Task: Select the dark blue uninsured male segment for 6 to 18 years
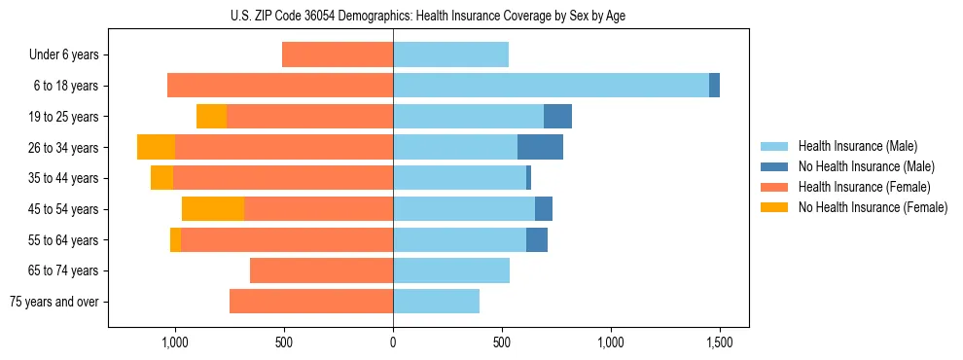[x=714, y=86]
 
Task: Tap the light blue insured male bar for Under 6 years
[x=450, y=54]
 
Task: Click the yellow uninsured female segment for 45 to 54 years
[x=213, y=208]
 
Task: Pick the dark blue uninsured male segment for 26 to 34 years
[x=540, y=147]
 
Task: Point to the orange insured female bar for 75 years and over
[x=311, y=302]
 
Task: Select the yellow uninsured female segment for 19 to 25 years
[x=211, y=117]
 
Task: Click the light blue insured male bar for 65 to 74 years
[x=451, y=270]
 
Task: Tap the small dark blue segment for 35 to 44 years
[x=528, y=178]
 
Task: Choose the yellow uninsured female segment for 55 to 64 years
[x=175, y=240]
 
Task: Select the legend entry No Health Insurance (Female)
[x=873, y=207]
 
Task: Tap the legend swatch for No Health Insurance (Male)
[x=775, y=166]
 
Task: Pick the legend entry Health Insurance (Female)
[x=865, y=187]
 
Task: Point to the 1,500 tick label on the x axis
[x=719, y=343]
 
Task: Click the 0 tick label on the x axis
[x=393, y=343]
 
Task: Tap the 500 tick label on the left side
[x=284, y=343]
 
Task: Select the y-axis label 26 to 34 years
[x=63, y=148]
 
